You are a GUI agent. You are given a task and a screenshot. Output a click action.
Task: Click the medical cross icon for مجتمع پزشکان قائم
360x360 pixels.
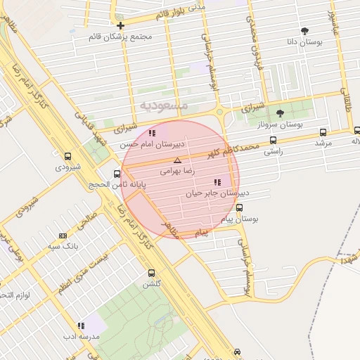(121, 25)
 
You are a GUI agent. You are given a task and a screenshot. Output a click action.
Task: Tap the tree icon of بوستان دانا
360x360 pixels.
(304, 31)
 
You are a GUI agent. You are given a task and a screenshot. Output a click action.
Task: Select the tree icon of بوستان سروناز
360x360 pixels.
(280, 112)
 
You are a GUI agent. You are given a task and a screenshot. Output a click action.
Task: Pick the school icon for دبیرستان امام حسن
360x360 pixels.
(152, 132)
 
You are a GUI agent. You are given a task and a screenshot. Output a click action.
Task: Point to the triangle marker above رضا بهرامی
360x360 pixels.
(176, 160)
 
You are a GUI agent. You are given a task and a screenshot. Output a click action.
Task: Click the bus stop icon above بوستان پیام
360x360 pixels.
(240, 208)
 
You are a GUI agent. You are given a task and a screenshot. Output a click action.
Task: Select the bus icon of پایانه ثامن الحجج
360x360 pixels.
(117, 174)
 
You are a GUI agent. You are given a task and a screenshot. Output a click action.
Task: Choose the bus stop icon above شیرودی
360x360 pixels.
(67, 157)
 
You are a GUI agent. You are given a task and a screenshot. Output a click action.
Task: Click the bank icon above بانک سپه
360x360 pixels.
(63, 236)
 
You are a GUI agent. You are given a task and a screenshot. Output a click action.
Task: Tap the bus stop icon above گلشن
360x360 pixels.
(151, 274)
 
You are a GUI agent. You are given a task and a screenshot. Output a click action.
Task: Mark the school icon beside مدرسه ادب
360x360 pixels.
(82, 326)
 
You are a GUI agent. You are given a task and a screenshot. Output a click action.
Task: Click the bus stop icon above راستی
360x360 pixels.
(273, 140)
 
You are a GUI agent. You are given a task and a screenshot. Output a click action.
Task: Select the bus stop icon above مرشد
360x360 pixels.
(323, 131)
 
